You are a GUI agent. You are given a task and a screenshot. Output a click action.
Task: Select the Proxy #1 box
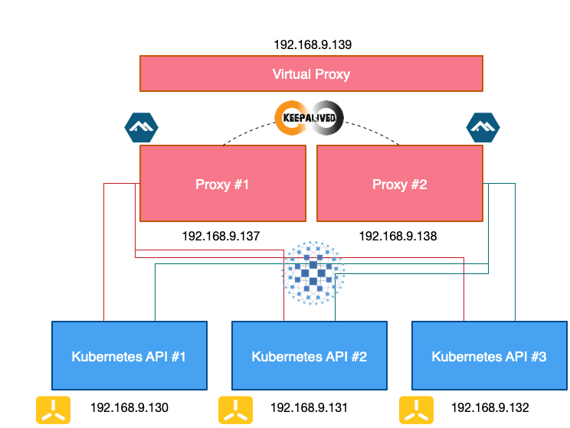point(222,184)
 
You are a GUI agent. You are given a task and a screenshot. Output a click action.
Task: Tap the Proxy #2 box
point(399,184)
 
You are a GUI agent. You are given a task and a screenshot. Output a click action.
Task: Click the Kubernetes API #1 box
point(129,356)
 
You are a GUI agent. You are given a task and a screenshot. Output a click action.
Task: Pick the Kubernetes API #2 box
point(310,356)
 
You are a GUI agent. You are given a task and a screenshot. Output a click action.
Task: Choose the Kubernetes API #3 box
point(490,356)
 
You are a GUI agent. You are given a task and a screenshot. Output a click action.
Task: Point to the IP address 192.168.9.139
point(312,44)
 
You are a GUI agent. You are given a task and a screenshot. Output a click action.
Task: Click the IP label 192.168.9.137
point(221,236)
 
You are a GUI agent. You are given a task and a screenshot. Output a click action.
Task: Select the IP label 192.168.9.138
point(398,236)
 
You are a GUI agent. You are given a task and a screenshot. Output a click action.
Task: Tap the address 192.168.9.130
point(129,407)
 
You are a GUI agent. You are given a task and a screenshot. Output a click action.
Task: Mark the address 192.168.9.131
point(310,407)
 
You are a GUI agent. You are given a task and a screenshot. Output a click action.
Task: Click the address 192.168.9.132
point(490,407)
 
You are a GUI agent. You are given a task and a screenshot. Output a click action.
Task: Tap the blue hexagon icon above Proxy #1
point(141,128)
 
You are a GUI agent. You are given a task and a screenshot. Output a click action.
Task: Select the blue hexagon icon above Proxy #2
point(483,128)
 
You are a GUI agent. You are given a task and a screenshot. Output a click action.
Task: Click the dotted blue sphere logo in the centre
point(313,272)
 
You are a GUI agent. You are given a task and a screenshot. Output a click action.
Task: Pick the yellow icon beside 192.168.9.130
point(54,410)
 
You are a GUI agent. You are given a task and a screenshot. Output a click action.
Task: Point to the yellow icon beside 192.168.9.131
point(235,410)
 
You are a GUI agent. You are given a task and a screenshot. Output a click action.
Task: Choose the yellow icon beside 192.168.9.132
point(416,410)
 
